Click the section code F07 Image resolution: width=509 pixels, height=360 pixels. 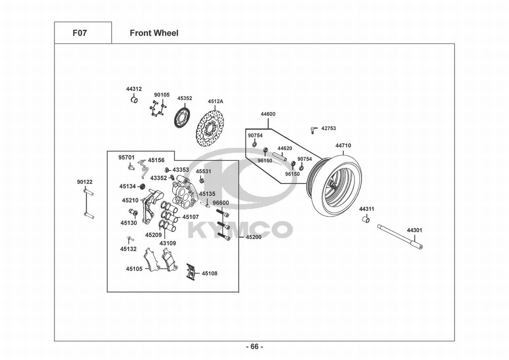pos(79,33)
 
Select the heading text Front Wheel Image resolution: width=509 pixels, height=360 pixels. pos(154,33)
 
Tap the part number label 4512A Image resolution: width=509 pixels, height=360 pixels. pos(215,102)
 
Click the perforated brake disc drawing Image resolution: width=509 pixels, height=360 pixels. pos(210,129)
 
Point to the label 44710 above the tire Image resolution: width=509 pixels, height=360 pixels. pos(343,145)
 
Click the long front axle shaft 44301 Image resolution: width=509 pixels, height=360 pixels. pos(400,237)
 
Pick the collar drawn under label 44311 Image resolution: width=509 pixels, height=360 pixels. pos(366,220)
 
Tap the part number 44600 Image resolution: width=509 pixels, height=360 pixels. pos(268,114)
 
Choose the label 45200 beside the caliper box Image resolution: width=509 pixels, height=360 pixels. pos(254,237)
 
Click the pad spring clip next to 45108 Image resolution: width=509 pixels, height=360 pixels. pos(191,272)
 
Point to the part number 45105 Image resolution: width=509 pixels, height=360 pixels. pos(134,269)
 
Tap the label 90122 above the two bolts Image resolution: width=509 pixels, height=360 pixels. pos(85,182)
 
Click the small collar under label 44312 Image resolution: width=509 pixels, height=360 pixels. pos(134,100)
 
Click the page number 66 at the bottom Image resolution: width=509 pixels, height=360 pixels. pos(255,346)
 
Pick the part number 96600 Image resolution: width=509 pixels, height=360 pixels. pos(221,203)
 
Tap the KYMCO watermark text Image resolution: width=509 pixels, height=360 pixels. pos(240,230)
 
